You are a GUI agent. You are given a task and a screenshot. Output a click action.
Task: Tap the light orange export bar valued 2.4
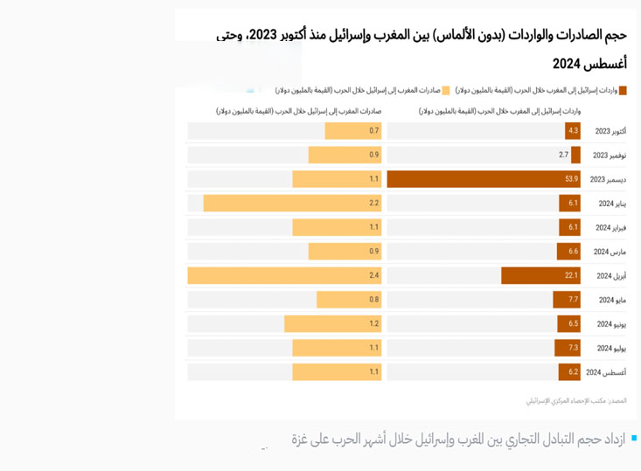pos(284,276)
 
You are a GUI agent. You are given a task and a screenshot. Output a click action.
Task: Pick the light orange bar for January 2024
pos(292,204)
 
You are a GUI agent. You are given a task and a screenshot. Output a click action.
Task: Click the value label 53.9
pos(571,179)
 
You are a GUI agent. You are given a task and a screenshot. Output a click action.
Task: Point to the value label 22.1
pos(571,276)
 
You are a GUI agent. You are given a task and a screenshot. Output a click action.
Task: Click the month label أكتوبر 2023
pos(610,131)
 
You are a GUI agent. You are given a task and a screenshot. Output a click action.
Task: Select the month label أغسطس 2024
pos(605,372)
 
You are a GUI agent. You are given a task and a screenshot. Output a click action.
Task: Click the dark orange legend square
pos(624,90)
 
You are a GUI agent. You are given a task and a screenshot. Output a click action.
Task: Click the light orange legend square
pos(445,90)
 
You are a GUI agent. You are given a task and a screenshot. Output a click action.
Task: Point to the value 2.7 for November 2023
pos(564,155)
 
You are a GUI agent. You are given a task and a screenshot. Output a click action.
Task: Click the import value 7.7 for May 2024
pos(573,300)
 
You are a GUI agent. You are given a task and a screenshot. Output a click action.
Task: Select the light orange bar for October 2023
pos(353,131)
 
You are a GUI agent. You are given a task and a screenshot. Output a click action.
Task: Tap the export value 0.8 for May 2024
pos(373,300)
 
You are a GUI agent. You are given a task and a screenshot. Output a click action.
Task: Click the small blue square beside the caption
pos(633,437)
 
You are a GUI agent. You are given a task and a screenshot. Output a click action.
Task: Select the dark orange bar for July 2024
pos(568,348)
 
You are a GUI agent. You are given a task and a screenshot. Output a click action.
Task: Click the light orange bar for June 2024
pos(332,324)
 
